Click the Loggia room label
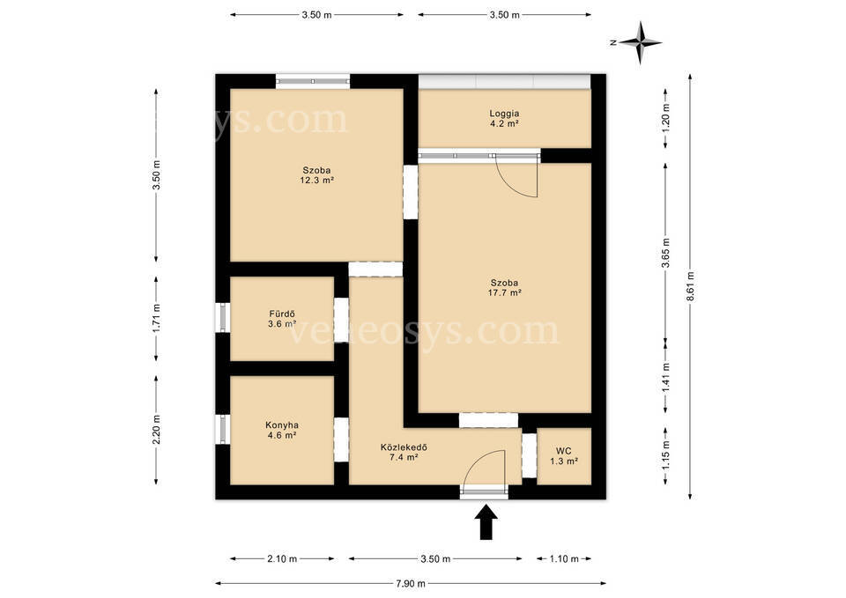tap(504, 114)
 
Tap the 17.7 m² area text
tap(504, 292)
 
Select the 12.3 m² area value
tap(316, 180)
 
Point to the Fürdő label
tap(282, 314)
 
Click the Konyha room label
tap(282, 425)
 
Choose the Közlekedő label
tap(404, 447)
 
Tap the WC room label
tap(564, 451)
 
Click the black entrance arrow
tap(486, 522)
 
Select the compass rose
tap(640, 42)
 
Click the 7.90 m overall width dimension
tap(411, 583)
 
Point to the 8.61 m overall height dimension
tap(690, 285)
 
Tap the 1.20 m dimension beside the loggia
tap(665, 117)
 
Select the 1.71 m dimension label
tap(157, 319)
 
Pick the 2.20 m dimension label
tap(157, 430)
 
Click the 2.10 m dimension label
tap(282, 559)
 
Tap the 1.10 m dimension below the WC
tap(564, 559)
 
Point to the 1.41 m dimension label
tap(665, 378)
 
